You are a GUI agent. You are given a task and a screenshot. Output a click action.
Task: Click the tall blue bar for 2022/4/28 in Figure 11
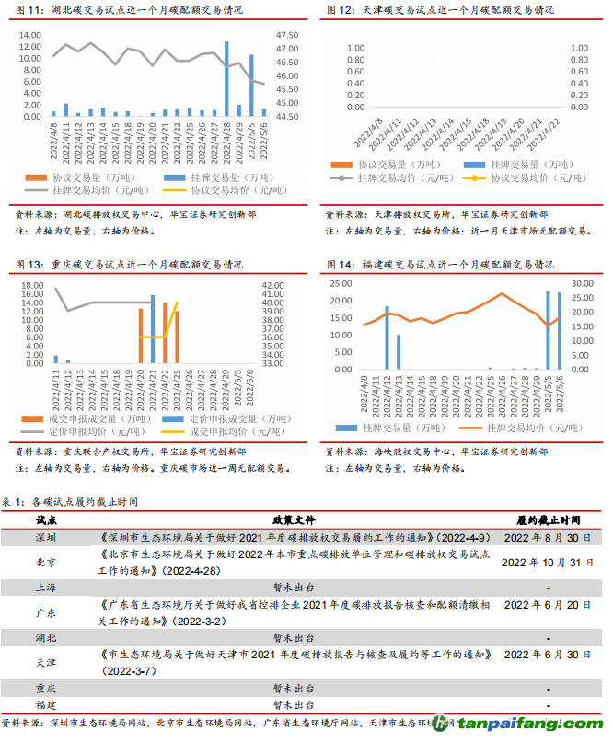(x=226, y=79)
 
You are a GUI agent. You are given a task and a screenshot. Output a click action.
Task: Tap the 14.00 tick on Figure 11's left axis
(x=29, y=35)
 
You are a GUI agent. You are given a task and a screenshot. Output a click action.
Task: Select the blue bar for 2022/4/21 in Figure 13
(x=153, y=328)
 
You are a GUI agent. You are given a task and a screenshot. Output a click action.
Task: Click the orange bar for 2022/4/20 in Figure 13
(x=141, y=336)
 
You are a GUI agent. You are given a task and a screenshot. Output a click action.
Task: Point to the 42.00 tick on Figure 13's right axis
(x=273, y=286)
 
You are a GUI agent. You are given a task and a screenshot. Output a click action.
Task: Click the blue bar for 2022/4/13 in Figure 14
(x=399, y=349)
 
